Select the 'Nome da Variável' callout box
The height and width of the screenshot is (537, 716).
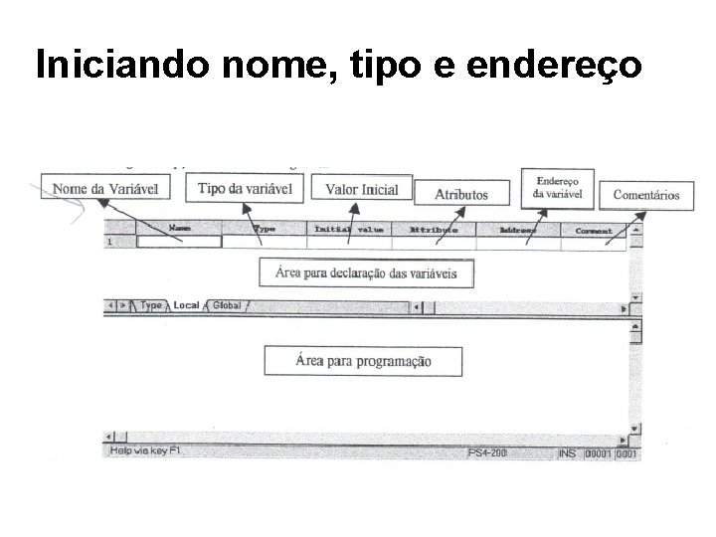click(x=104, y=188)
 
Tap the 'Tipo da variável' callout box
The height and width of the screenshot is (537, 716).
click(x=244, y=189)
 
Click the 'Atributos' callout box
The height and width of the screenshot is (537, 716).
click(x=460, y=194)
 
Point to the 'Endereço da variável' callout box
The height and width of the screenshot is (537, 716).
click(x=563, y=187)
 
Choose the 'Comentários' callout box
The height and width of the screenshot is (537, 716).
click(x=645, y=195)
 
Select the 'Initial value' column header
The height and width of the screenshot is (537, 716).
click(x=349, y=229)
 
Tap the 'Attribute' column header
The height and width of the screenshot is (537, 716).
click(x=434, y=229)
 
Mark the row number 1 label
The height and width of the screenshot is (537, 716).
click(x=109, y=242)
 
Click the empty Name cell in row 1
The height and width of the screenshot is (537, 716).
click(x=179, y=242)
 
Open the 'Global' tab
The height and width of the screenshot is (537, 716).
click(x=227, y=306)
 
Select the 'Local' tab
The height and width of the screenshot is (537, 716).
click(x=187, y=306)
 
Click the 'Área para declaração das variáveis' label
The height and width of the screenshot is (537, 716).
click(x=366, y=272)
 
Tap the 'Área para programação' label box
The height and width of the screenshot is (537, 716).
click(x=363, y=360)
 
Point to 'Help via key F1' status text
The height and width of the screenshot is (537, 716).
click(x=145, y=452)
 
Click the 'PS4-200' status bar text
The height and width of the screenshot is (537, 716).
click(x=488, y=452)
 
